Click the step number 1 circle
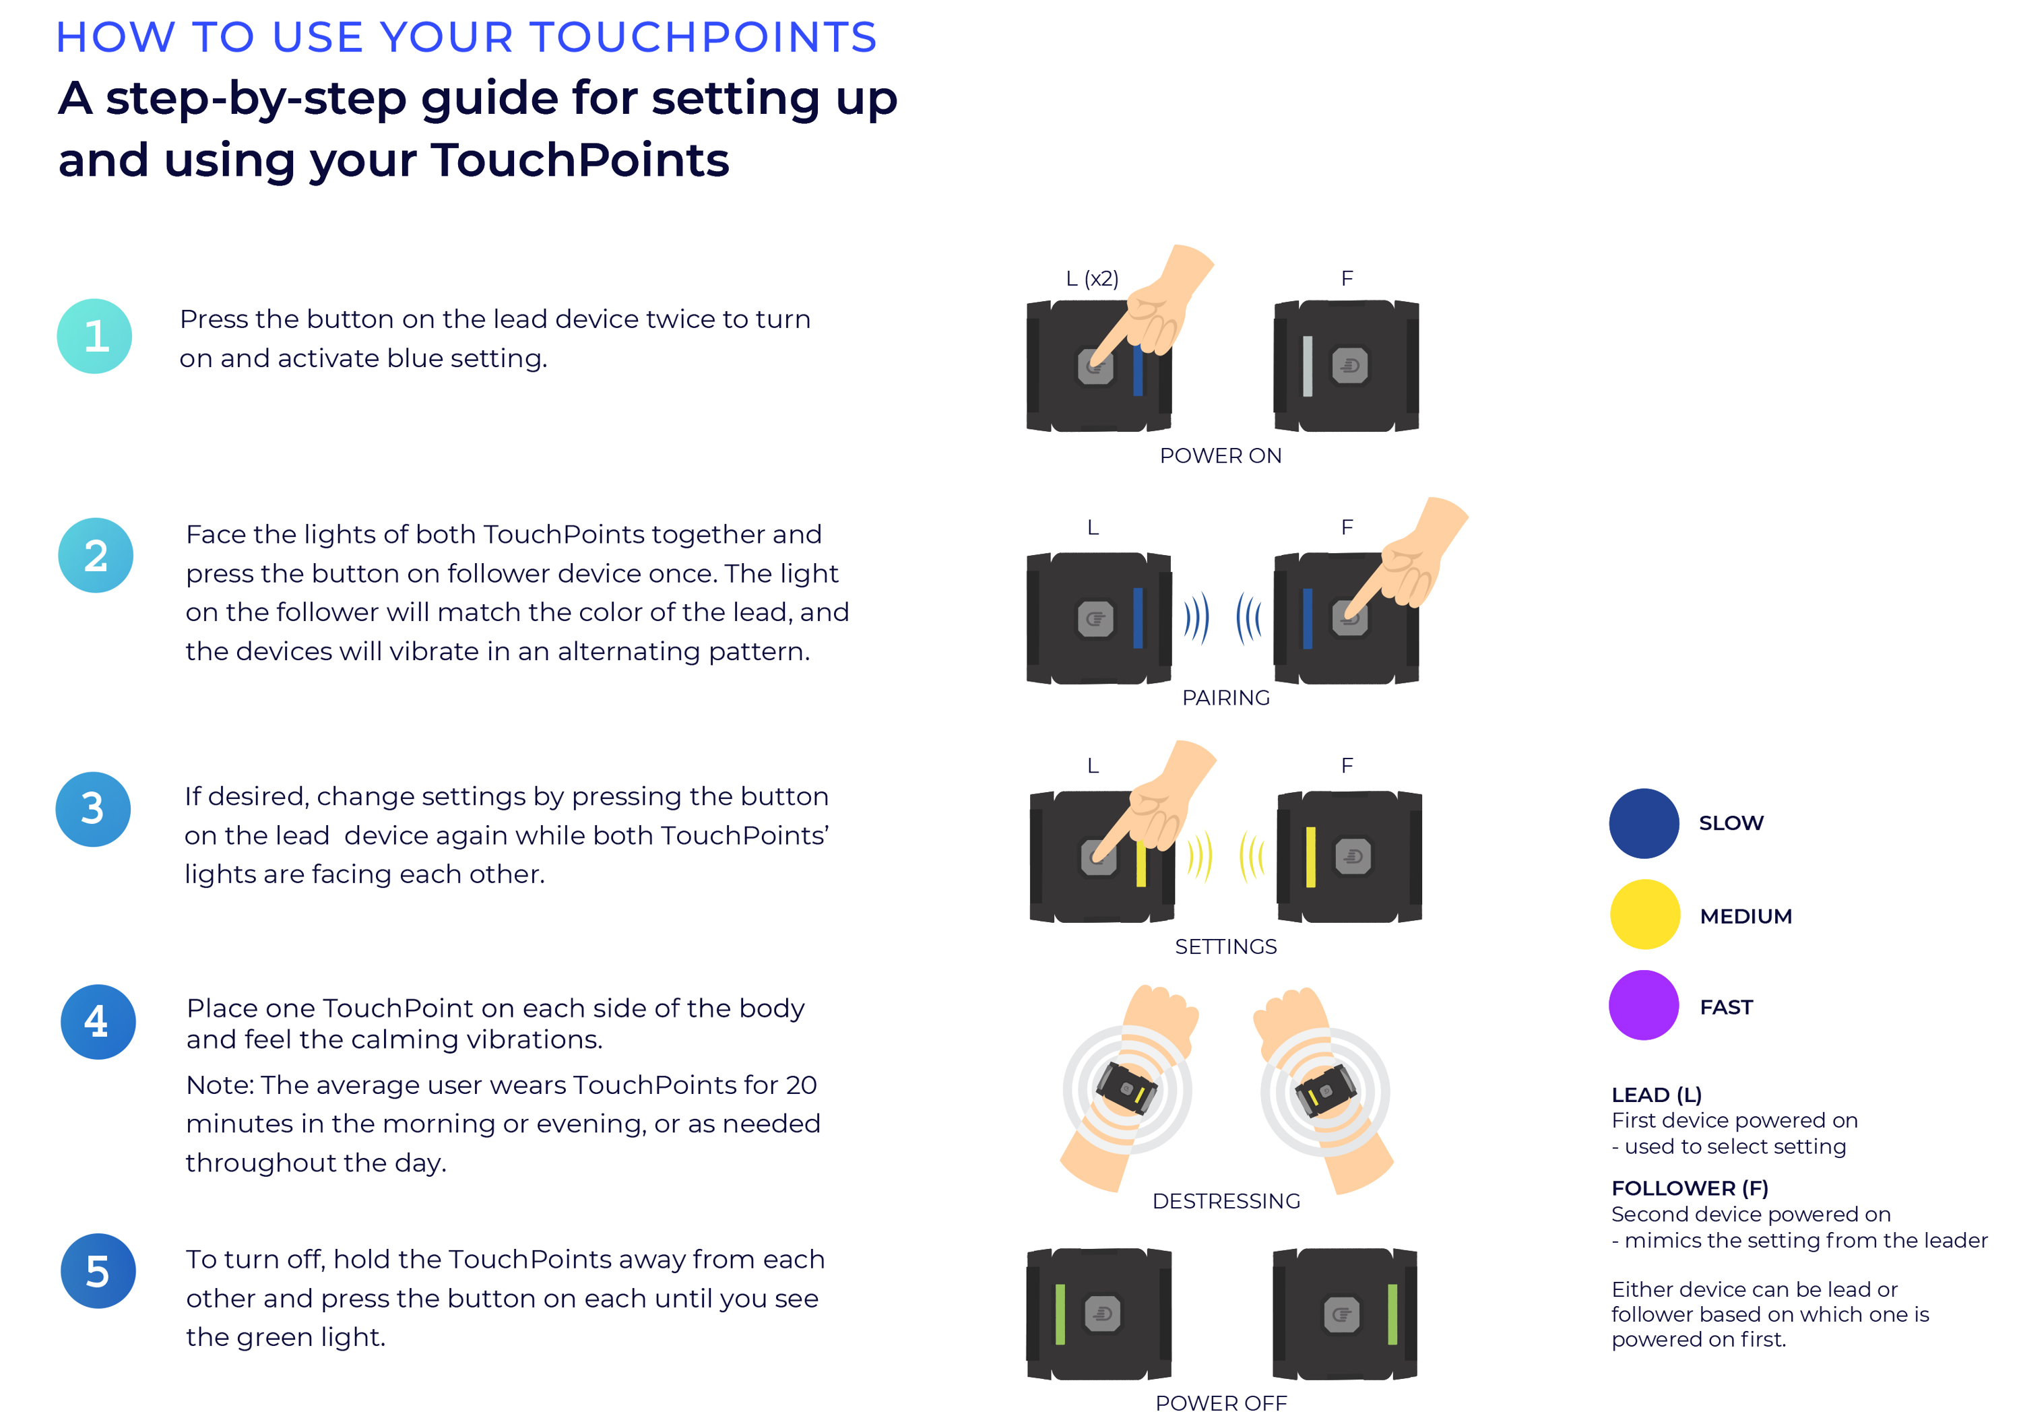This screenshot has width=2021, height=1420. (94, 336)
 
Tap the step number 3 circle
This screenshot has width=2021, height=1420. (94, 809)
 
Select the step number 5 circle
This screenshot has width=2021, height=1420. (98, 1270)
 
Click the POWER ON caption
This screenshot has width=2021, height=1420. (1220, 456)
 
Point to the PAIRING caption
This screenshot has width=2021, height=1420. (1225, 697)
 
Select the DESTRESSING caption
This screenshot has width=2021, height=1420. (1225, 1201)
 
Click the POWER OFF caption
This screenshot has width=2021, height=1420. (1220, 1403)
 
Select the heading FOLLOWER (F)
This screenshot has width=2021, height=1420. (1689, 1188)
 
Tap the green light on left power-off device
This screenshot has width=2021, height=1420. (1060, 1314)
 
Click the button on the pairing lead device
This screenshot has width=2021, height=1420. (1095, 619)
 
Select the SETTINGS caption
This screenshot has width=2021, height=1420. (1225, 946)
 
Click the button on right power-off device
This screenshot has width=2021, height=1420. (1341, 1314)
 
